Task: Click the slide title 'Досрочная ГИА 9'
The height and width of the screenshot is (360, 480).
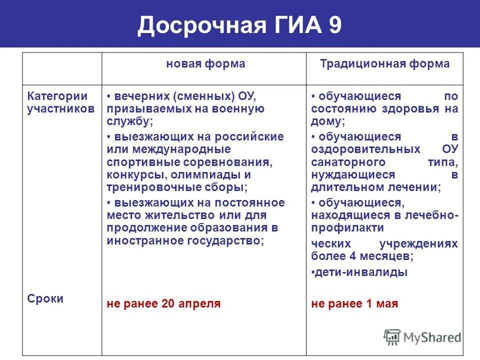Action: click(x=239, y=25)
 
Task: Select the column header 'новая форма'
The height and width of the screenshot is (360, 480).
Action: click(x=205, y=64)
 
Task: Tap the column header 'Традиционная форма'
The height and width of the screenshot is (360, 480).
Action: click(x=384, y=64)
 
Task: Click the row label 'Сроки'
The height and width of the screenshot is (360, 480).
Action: click(x=45, y=298)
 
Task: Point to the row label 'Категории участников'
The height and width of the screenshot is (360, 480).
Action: click(x=60, y=102)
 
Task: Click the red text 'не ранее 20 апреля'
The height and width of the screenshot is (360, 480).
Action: click(x=163, y=303)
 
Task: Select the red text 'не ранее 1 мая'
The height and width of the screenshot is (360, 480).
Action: click(x=354, y=303)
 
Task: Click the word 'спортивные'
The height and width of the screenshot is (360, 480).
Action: click(x=136, y=162)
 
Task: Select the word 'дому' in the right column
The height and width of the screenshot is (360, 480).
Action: click(x=326, y=121)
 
